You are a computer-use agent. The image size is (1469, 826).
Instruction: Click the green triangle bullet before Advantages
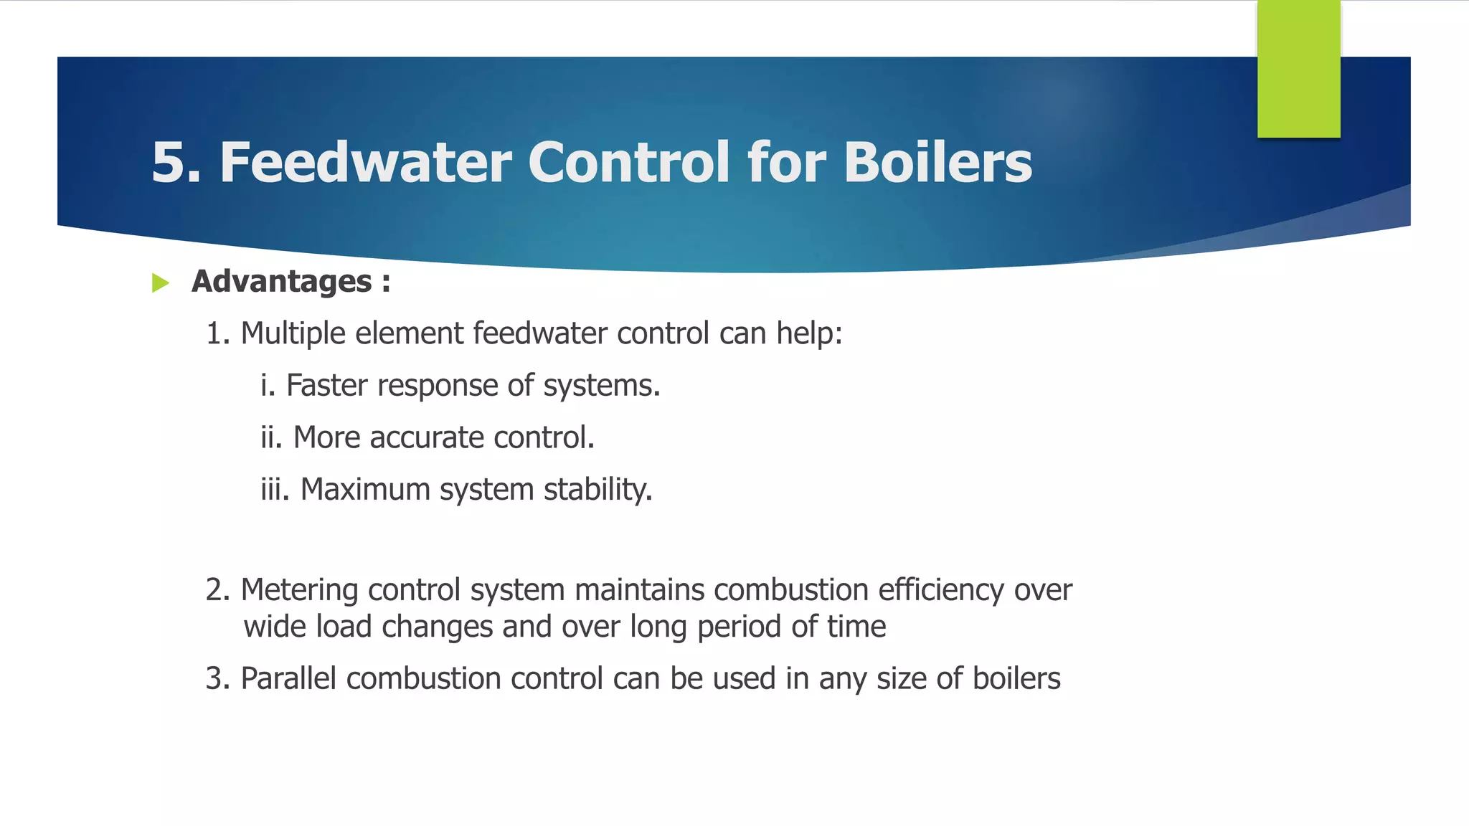[x=161, y=283]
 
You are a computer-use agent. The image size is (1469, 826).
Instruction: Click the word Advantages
[x=281, y=282]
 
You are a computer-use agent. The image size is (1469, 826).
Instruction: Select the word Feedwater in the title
[x=365, y=163]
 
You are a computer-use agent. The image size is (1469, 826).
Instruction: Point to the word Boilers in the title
[x=937, y=163]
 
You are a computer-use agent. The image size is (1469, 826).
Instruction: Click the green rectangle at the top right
[x=1298, y=69]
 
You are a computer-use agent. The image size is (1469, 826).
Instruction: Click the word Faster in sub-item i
[x=327, y=386]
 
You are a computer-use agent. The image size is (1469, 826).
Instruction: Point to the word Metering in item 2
[x=299, y=590]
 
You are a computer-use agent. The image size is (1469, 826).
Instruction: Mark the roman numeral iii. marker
[x=275, y=490]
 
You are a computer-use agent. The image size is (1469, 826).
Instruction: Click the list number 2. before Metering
[x=217, y=590]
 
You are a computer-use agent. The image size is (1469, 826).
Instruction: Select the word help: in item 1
[x=809, y=333]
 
